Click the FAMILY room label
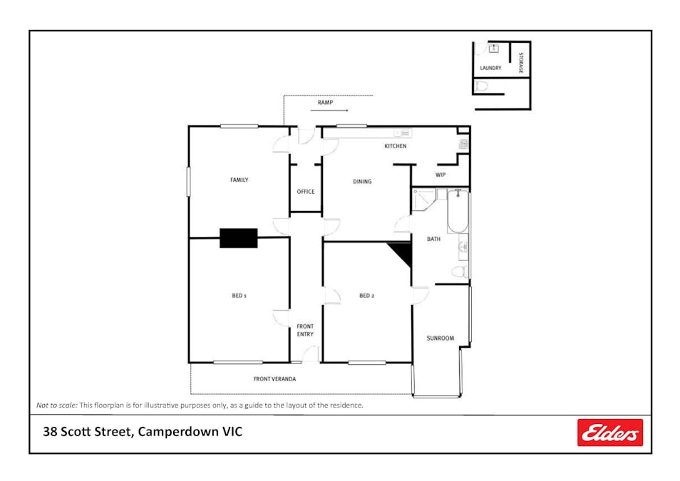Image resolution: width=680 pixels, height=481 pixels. pyautogui.click(x=239, y=180)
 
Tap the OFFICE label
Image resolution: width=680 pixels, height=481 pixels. pyautogui.click(x=305, y=192)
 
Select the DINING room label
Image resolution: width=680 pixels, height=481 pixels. pyautogui.click(x=362, y=182)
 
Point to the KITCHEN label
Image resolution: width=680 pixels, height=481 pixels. pyautogui.click(x=396, y=146)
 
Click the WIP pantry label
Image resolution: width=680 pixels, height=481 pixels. pyautogui.click(x=440, y=175)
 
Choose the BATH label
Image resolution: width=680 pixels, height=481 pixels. pyautogui.click(x=433, y=239)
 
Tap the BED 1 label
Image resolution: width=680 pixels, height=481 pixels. pyautogui.click(x=239, y=296)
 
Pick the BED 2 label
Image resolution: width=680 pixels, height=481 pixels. pyautogui.click(x=366, y=296)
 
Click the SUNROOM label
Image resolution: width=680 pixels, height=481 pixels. pyautogui.click(x=440, y=338)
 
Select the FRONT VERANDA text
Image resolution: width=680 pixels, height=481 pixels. pyautogui.click(x=274, y=379)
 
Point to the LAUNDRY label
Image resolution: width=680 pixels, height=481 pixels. pyautogui.click(x=490, y=68)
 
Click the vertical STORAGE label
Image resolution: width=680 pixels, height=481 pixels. pyautogui.click(x=521, y=63)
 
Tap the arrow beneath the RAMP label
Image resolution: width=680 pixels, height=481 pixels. pyautogui.click(x=339, y=111)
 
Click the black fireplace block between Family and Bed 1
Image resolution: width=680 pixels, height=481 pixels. pyautogui.click(x=238, y=238)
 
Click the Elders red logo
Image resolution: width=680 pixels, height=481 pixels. pyautogui.click(x=609, y=433)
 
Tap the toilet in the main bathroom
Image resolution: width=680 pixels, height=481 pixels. pyautogui.click(x=460, y=271)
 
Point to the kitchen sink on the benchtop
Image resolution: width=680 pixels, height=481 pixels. pyautogui.click(x=402, y=133)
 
